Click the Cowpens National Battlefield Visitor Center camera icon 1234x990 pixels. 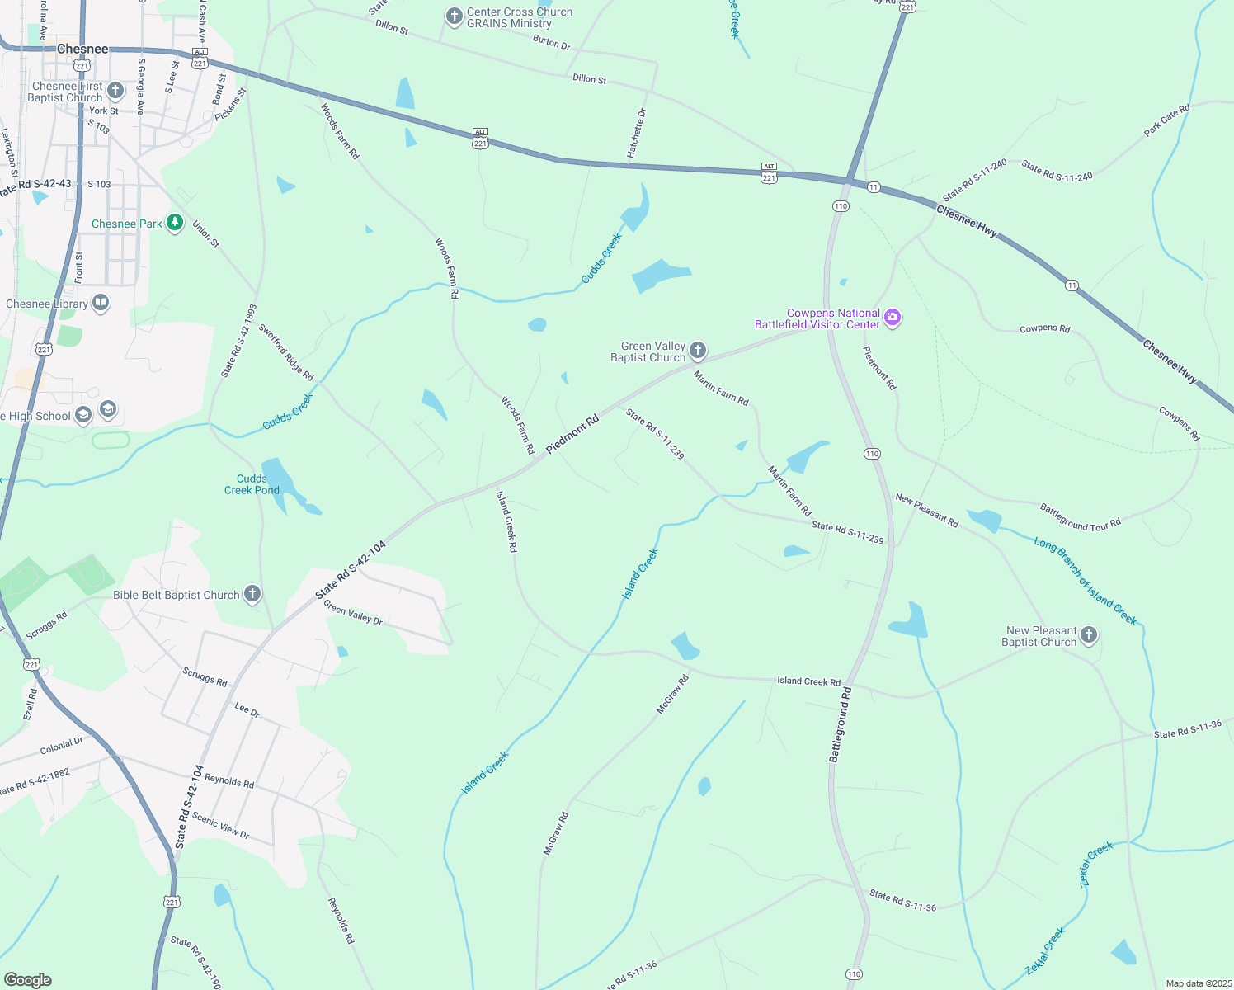click(x=893, y=318)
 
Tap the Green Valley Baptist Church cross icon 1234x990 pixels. click(x=698, y=351)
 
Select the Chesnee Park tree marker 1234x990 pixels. click(x=174, y=223)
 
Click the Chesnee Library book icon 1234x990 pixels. click(x=101, y=303)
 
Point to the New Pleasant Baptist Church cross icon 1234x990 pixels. click(x=1089, y=635)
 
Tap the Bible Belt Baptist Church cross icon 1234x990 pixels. click(x=252, y=594)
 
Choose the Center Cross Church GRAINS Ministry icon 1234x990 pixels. click(x=454, y=16)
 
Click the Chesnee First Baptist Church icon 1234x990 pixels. click(x=115, y=91)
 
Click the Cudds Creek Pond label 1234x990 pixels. click(x=252, y=484)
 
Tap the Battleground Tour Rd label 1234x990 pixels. click(x=1080, y=517)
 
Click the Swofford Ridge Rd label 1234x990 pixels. click(x=286, y=352)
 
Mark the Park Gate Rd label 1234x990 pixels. click(x=1166, y=120)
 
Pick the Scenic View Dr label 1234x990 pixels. click(x=220, y=827)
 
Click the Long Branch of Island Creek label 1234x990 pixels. click(x=1085, y=581)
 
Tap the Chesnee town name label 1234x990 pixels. click(x=82, y=49)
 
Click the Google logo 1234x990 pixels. click(x=27, y=979)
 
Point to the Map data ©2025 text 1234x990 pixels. click(x=1199, y=983)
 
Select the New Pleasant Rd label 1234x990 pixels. click(x=926, y=510)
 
